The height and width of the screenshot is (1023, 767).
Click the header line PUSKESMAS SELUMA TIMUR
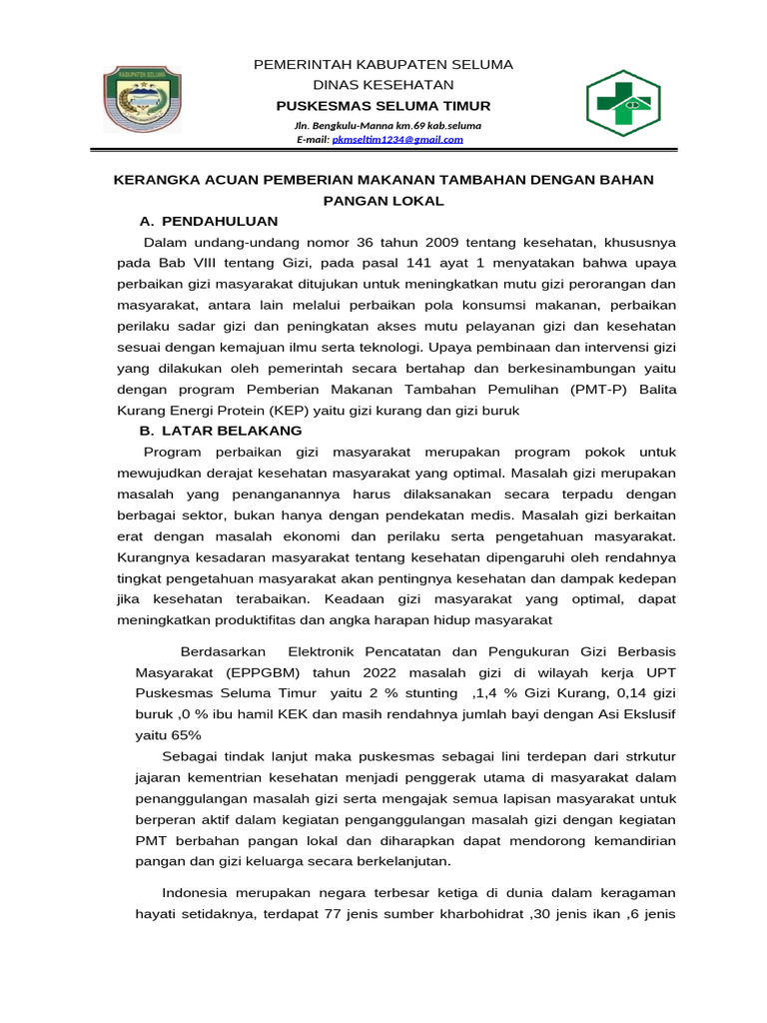(x=383, y=106)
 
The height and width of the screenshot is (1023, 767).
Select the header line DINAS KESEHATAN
(x=383, y=85)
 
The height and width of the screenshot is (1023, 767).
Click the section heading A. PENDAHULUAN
(x=209, y=221)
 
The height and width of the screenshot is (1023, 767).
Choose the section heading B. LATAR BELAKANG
(x=221, y=431)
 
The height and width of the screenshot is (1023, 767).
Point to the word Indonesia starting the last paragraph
(x=195, y=892)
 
